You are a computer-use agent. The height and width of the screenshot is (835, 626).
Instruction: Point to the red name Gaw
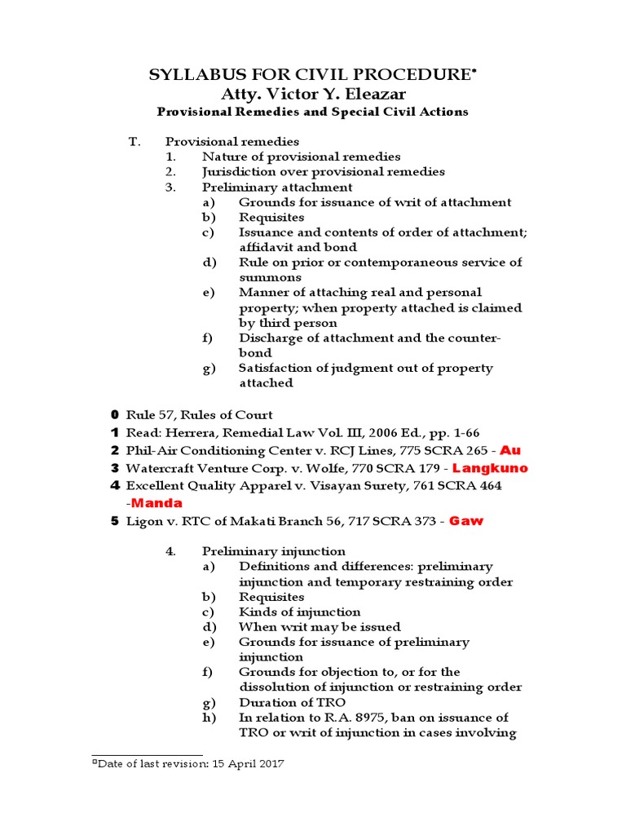click(466, 521)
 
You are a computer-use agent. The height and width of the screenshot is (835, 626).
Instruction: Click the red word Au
click(509, 450)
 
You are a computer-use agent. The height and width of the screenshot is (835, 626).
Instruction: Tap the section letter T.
click(134, 141)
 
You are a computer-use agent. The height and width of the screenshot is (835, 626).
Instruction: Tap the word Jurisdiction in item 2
click(236, 171)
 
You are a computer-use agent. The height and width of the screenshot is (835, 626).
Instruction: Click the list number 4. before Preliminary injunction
click(170, 551)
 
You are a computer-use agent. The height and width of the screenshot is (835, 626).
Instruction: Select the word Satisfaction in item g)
click(275, 368)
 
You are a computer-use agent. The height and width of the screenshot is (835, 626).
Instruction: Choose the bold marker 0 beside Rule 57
click(115, 414)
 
